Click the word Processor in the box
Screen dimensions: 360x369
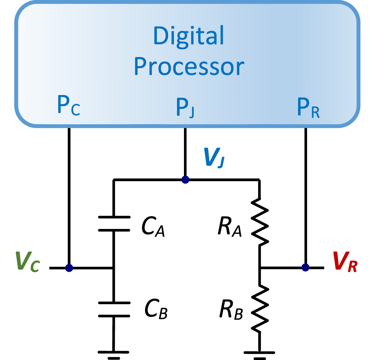189,67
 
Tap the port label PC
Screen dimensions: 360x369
68,107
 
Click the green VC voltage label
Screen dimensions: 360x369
27,263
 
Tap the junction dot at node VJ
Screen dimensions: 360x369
185,179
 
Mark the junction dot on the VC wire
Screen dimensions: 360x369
69,268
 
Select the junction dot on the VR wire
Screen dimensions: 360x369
305,267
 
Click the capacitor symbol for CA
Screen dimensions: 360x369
114,224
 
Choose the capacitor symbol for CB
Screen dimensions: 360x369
114,310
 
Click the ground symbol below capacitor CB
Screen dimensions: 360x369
114,354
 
